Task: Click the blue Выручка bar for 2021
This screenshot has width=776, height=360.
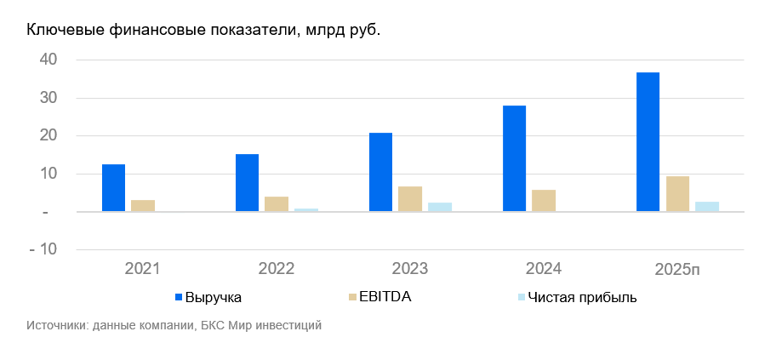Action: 113,187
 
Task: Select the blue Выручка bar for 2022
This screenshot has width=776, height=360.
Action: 247,182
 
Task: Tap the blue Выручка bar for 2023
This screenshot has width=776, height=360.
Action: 380,172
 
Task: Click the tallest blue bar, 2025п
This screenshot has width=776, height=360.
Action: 648,141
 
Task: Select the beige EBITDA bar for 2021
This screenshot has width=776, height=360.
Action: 143,205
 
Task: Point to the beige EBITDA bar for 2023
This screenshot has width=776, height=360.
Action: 410,198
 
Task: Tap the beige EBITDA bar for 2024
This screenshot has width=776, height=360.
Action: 544,200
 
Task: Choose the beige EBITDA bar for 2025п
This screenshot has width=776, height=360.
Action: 677,193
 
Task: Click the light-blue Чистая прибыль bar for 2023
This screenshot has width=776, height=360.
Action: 440,207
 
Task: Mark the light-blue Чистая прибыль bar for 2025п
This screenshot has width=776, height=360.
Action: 707,206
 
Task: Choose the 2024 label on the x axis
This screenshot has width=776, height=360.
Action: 544,269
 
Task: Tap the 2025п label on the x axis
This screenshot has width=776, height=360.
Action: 678,269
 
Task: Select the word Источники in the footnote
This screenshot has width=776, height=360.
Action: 53,325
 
